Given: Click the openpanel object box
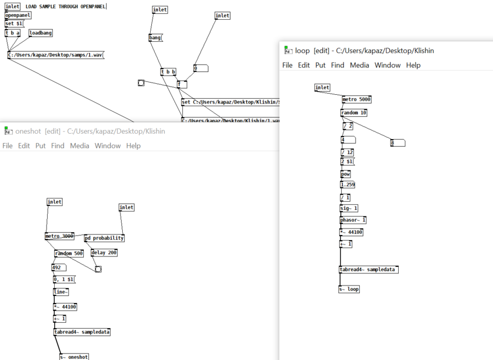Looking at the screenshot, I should [18, 15].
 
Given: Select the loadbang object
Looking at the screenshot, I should [41, 33].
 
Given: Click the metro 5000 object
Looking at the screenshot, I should [357, 100].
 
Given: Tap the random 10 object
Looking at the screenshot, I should [353, 113].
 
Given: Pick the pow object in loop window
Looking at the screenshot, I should [346, 174].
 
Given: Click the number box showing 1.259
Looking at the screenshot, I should [348, 185].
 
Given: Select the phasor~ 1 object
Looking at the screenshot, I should [353, 220].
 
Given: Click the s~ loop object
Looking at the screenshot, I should [349, 289].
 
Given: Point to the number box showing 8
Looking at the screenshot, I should [398, 143].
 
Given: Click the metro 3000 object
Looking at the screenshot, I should [59, 236].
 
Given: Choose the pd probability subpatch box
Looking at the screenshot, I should [104, 238].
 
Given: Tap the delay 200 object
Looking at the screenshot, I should [104, 253].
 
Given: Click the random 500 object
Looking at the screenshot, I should [69, 253].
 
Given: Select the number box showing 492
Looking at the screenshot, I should [59, 268].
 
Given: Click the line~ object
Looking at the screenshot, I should [61, 292].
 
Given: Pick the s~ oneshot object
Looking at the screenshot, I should [74, 357].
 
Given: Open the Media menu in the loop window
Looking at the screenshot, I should [359, 65].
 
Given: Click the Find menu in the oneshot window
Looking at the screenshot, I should [58, 146].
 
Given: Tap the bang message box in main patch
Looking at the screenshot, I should [156, 38].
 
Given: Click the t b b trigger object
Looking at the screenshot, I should [168, 72].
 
